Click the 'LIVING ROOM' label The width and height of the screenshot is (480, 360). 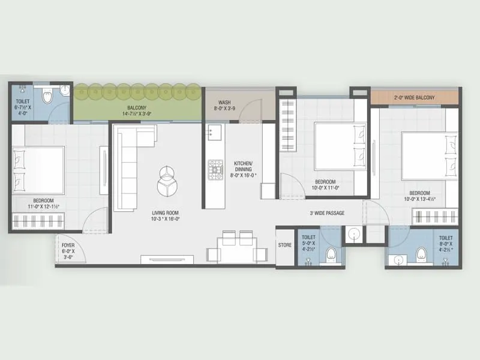[x=165, y=213]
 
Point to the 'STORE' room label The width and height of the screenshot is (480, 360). [x=284, y=245]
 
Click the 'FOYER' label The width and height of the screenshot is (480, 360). [x=68, y=245]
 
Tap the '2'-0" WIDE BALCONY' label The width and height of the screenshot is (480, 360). [x=415, y=97]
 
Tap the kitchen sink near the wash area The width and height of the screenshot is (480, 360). [x=214, y=131]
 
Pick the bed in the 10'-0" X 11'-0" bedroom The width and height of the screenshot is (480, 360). [x=341, y=146]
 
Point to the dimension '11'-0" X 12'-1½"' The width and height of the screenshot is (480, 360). [x=43, y=207]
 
